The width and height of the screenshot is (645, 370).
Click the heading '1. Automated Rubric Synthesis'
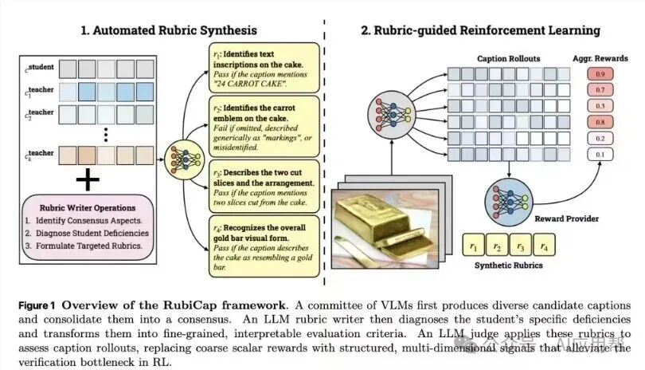click(x=169, y=30)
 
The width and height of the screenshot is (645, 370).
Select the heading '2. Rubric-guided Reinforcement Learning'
click(x=480, y=30)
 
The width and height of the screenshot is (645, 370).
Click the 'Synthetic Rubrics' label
click(x=506, y=266)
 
